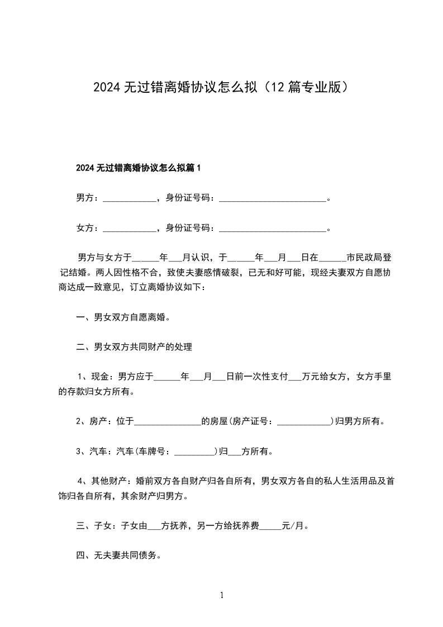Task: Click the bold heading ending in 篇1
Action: click(137, 168)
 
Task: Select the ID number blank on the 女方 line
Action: click(272, 228)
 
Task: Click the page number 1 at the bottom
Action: click(222, 596)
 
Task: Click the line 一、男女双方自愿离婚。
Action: click(123, 317)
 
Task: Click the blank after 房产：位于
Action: click(168, 422)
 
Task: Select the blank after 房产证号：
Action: click(304, 422)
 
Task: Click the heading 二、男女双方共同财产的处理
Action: click(134, 348)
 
